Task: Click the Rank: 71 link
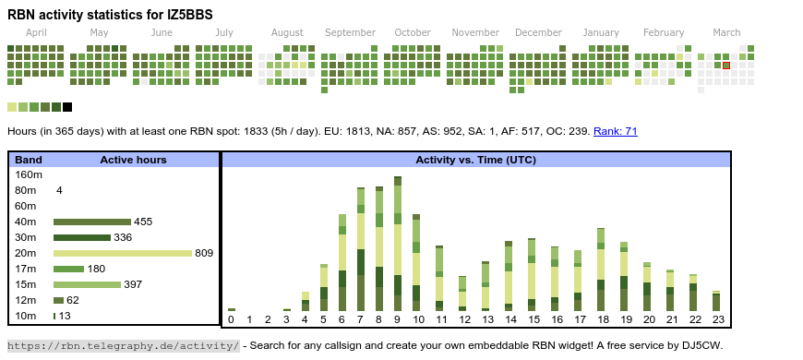coord(615,132)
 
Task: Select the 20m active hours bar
coord(123,253)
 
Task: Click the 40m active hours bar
coord(92,222)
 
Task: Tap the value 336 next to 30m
coord(123,237)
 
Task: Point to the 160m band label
coord(29,174)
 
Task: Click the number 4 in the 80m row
coord(59,190)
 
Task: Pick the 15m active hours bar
coord(87,284)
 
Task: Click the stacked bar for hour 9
coord(398,244)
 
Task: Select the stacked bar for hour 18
coord(601,270)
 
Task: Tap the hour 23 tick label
coord(718,319)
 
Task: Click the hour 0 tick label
coord(231,319)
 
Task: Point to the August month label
coord(287,33)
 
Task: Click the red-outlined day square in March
coord(726,66)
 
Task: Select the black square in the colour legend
coord(67,107)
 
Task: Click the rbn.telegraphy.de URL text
coord(123,345)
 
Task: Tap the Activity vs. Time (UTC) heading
coord(475,160)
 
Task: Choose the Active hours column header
coord(133,160)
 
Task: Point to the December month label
coord(539,33)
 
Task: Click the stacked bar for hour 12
coord(462,294)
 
